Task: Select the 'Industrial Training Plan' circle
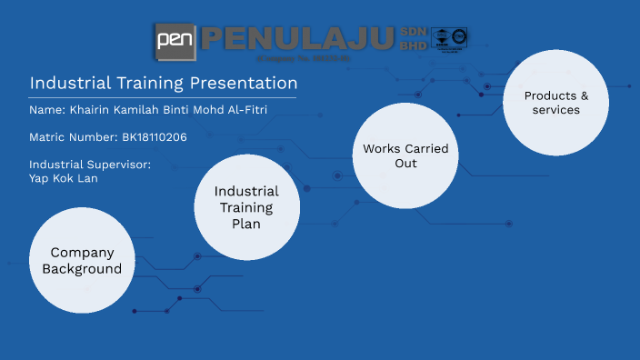click(246, 207)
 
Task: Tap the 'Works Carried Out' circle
click(405, 156)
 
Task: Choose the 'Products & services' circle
click(556, 102)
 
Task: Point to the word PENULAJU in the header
click(298, 39)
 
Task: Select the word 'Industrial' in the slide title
click(66, 83)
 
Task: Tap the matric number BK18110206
click(154, 137)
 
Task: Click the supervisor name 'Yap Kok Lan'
click(63, 178)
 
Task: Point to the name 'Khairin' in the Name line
click(94, 110)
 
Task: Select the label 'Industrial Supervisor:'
click(89, 165)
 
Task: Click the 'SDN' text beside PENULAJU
click(412, 32)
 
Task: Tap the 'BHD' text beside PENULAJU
click(412, 45)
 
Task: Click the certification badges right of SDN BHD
click(449, 39)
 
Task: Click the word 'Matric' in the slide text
click(48, 137)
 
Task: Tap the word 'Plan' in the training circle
click(246, 224)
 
